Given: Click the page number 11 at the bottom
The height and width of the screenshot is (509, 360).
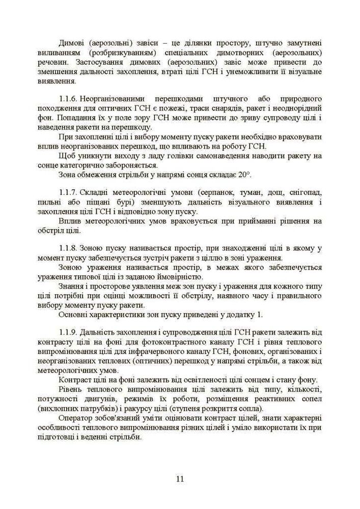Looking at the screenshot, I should (180, 479).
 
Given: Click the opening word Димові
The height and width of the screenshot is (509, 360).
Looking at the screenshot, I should (71, 44).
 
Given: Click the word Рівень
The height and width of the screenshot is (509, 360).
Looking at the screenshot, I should (71, 389).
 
